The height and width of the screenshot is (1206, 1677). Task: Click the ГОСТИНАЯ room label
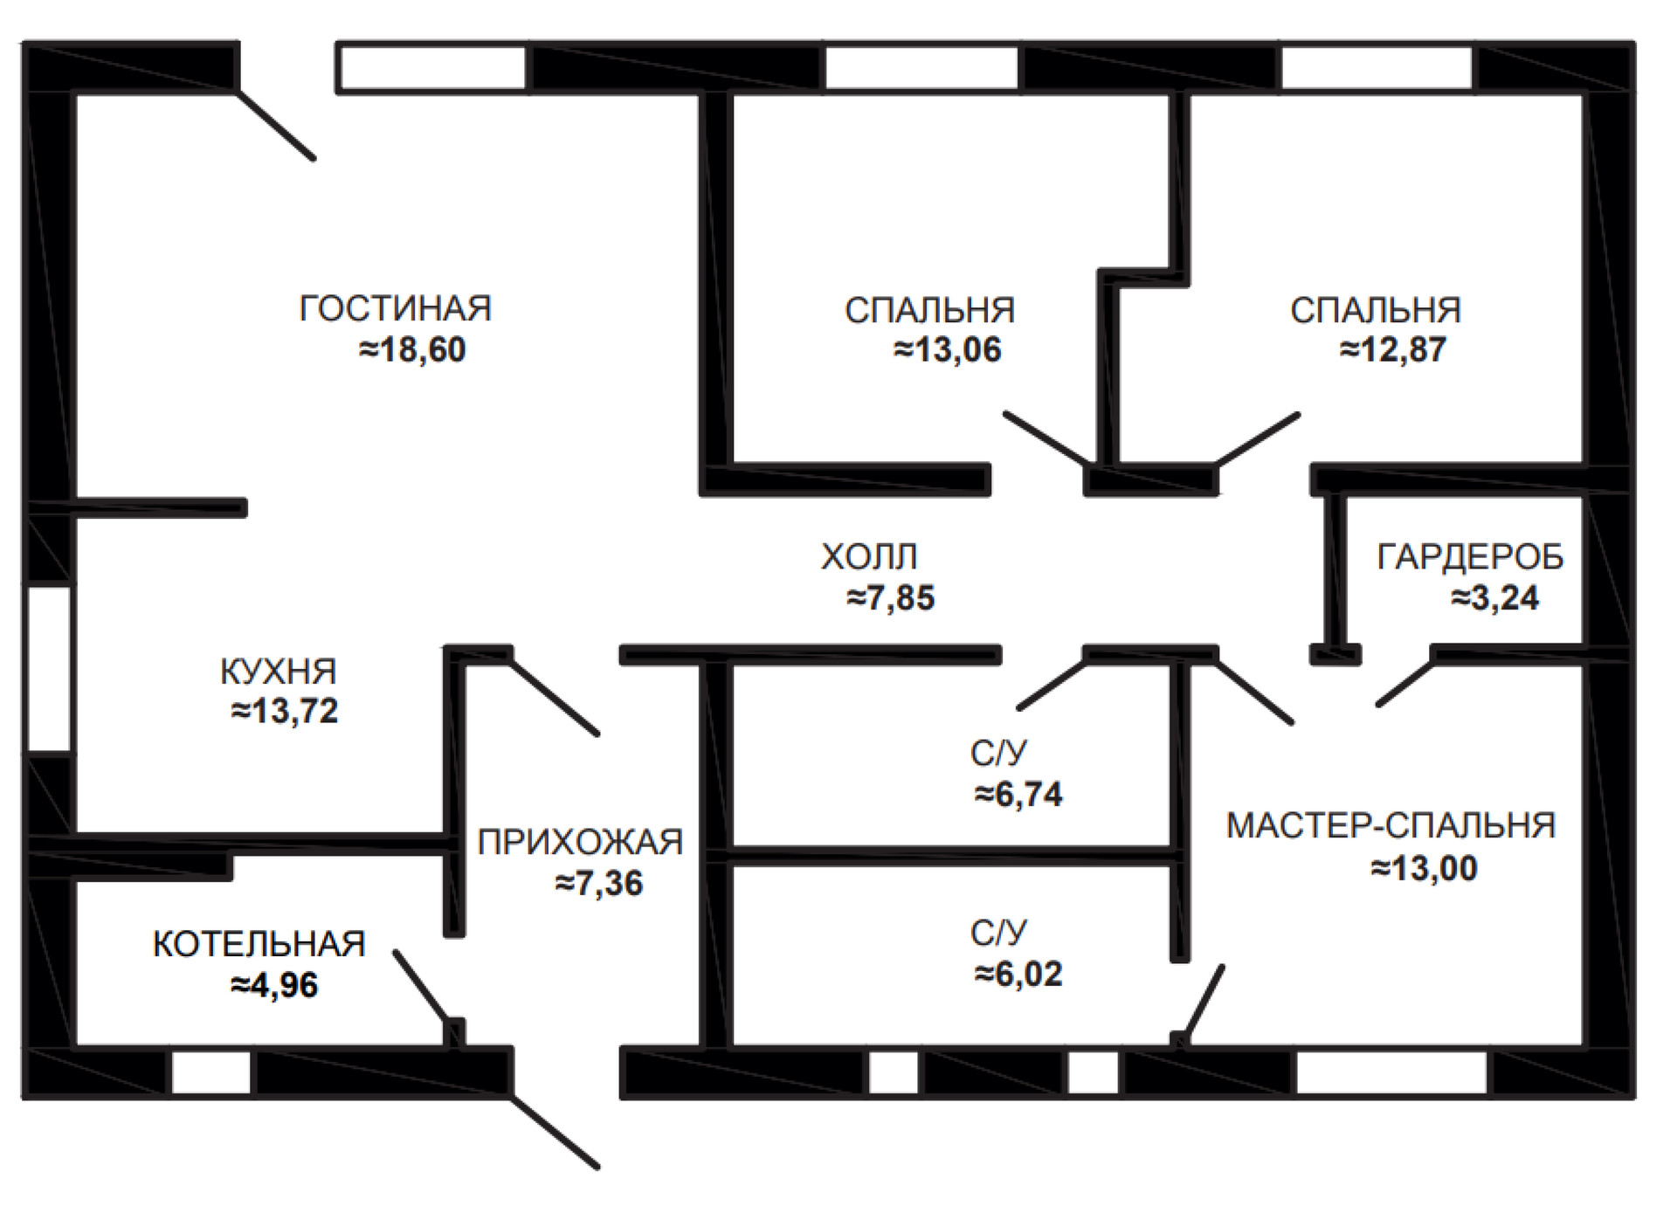coord(396,308)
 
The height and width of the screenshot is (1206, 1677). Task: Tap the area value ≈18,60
coord(412,349)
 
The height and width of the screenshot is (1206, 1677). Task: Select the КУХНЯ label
coord(279,672)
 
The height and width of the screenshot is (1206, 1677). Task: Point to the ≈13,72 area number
coord(285,711)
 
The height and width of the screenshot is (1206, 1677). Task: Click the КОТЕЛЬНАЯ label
coord(259,944)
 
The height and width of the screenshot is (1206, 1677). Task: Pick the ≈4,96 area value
coord(274,985)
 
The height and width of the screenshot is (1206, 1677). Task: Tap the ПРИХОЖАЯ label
coord(580,842)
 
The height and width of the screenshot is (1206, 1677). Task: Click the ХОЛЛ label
coord(869,556)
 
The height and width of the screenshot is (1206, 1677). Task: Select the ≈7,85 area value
coord(891,598)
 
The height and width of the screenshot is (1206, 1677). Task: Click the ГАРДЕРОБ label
coord(1470,557)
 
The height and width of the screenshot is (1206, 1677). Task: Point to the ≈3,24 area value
coord(1495,598)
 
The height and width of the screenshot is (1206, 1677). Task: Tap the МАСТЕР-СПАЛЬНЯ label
coord(1391,825)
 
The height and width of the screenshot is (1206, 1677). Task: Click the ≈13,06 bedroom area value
coord(948,349)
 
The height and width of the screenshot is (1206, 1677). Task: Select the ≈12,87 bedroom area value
coord(1393,349)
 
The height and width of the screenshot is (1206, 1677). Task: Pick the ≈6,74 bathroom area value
coord(1018,794)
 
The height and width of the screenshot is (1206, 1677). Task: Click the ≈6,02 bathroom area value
coord(1018,974)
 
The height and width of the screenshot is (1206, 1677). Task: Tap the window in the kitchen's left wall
coord(49,669)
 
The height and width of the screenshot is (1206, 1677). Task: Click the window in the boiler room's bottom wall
coord(211,1072)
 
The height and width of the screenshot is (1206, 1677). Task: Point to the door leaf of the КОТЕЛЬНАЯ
coord(424,988)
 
